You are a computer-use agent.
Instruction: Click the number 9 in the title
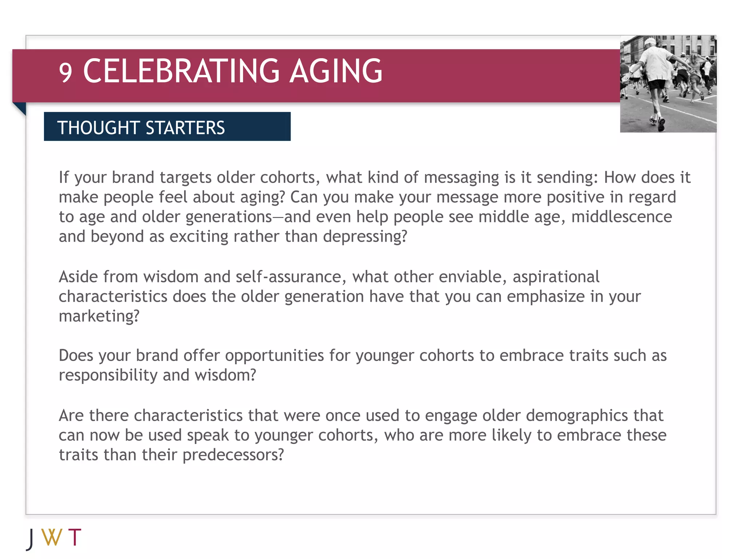[x=65, y=72]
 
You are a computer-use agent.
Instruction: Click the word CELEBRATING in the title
[x=182, y=71]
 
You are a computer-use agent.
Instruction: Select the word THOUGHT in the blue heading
[x=98, y=128]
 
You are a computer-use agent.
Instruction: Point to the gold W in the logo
[x=52, y=537]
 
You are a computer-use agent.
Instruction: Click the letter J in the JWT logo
[x=31, y=539]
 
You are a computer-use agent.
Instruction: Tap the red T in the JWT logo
[x=75, y=537]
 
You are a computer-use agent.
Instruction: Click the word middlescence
[x=621, y=217]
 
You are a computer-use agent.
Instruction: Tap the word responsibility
[x=108, y=375]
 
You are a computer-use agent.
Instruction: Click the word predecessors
[x=233, y=455]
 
